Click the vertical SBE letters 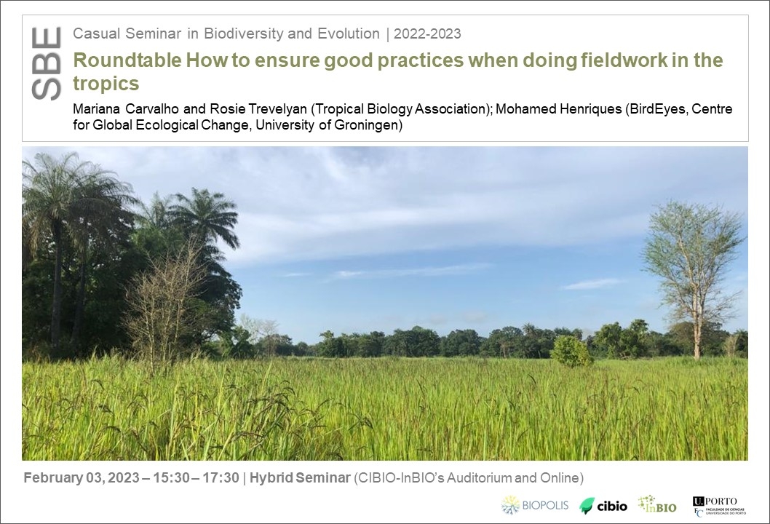(46, 64)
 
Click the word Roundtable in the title (127, 60)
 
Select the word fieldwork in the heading (624, 60)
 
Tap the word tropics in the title (106, 84)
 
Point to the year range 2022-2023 (427, 34)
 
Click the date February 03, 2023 (82, 478)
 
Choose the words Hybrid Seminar (300, 478)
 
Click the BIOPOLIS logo (535, 505)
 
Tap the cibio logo (603, 506)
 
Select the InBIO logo (657, 504)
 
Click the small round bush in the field (571, 352)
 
